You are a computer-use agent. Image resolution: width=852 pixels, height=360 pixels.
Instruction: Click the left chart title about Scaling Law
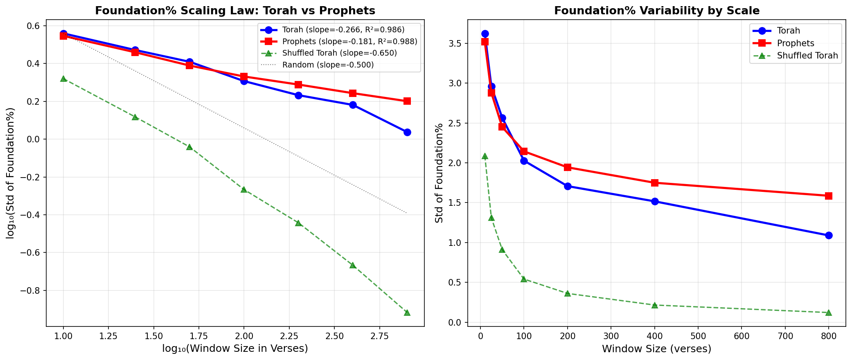click(x=235, y=11)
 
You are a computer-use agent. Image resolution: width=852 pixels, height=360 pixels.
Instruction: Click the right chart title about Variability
click(x=657, y=11)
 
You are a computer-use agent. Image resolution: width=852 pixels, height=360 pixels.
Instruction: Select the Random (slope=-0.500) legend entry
click(x=328, y=65)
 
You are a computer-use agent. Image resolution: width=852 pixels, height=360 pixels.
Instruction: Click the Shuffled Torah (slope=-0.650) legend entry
click(x=339, y=53)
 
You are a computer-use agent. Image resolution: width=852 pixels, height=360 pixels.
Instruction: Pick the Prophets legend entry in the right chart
click(x=796, y=43)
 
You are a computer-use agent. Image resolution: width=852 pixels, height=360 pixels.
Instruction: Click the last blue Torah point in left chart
click(x=407, y=132)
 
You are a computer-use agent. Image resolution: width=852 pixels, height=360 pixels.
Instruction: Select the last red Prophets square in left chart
click(x=407, y=101)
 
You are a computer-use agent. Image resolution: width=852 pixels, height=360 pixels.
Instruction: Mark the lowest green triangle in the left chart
click(x=407, y=313)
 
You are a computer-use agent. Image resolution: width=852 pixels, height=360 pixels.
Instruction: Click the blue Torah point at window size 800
click(x=829, y=235)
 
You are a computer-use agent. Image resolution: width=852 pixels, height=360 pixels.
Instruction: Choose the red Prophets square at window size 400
click(x=655, y=183)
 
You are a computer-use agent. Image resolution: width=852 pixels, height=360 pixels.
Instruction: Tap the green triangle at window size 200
click(x=568, y=293)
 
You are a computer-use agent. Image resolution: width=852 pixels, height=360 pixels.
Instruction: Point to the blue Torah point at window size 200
click(x=568, y=186)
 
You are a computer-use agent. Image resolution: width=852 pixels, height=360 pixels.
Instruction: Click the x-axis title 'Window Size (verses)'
click(x=656, y=349)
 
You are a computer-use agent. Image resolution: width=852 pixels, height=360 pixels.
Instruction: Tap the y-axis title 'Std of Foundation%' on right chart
click(x=439, y=173)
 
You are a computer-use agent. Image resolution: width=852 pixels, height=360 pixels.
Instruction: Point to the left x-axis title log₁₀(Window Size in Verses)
click(x=235, y=349)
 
